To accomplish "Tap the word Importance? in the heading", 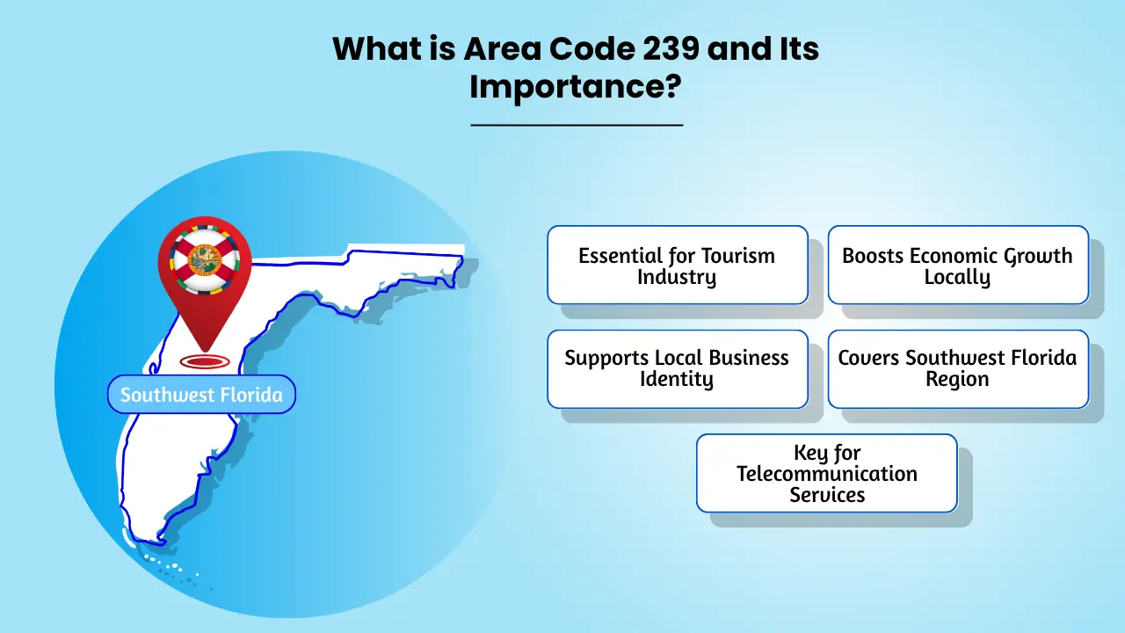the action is (x=576, y=87).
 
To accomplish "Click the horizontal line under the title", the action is (x=577, y=125).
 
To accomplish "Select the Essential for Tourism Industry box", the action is (x=678, y=265).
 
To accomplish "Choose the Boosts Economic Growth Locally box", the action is (x=958, y=265).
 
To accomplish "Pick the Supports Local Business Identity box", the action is (x=678, y=369).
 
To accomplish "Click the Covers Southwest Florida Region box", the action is (x=958, y=369).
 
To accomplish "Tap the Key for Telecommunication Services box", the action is (x=827, y=473).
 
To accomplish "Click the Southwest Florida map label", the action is (x=201, y=395).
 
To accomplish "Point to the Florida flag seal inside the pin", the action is (x=205, y=259).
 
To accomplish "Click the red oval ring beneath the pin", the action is (x=205, y=361).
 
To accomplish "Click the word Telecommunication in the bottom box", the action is (x=827, y=474).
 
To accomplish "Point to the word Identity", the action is (x=677, y=379).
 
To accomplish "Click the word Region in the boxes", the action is (x=957, y=379).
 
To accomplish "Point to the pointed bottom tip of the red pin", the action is (x=205, y=351).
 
